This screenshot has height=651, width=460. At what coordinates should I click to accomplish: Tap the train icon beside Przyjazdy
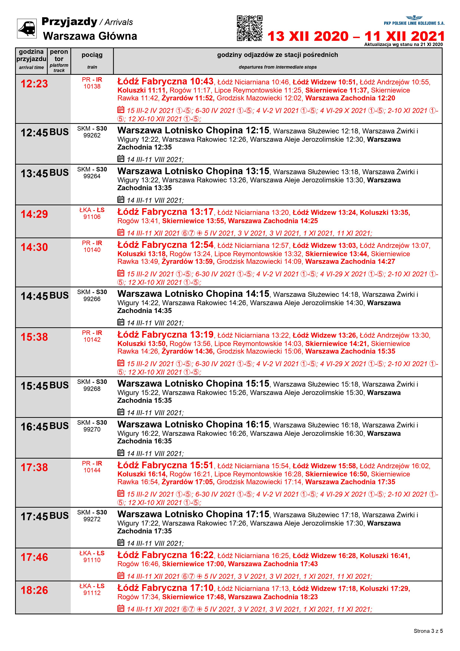pyautogui.click(x=27, y=28)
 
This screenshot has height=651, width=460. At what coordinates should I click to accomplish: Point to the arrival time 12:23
pyautogui.click(x=34, y=84)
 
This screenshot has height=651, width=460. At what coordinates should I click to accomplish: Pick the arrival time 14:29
pyautogui.click(x=34, y=214)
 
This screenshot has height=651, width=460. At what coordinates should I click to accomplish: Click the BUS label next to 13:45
pyautogui.click(x=59, y=173)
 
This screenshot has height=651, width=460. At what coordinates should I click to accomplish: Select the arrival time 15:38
pyautogui.click(x=34, y=337)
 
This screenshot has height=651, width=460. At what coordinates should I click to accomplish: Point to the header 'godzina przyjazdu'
pyautogui.click(x=31, y=56)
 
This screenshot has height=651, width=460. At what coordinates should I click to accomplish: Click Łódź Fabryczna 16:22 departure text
pyautogui.click(x=165, y=555)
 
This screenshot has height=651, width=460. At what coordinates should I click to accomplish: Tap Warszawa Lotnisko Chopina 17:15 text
pyautogui.click(x=193, y=514)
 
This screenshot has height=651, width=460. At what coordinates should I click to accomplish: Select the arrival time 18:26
pyautogui.click(x=34, y=590)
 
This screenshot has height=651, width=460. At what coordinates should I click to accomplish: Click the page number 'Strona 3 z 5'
pyautogui.click(x=428, y=631)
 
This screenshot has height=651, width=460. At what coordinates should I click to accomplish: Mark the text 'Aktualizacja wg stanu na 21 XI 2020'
pyautogui.click(x=403, y=45)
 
